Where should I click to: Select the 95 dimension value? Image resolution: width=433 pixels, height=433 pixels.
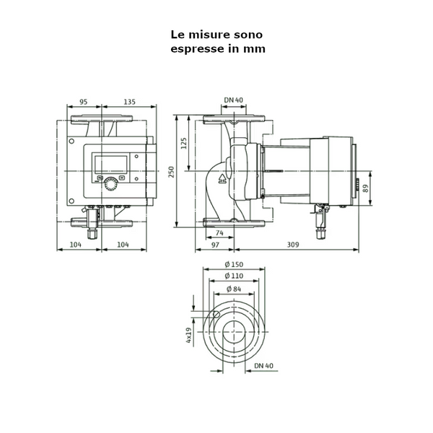tap(83, 102)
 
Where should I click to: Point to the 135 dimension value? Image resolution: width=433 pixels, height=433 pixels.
tap(128, 102)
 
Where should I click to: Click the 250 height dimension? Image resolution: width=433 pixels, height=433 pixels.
tap(172, 170)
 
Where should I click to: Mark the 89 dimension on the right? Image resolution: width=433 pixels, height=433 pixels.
tap(366, 189)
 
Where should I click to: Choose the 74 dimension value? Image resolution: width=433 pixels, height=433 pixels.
tap(219, 233)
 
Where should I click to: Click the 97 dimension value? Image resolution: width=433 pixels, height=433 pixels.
tap(214, 245)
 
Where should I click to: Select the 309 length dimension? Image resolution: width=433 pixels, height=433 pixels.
tap(292, 245)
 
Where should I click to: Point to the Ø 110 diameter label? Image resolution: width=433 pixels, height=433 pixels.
tap(233, 276)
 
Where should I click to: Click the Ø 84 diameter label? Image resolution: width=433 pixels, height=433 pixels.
tap(233, 289)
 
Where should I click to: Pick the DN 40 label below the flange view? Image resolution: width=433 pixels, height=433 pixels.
tap(265, 367)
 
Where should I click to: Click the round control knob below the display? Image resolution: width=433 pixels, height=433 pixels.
tap(110, 183)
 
